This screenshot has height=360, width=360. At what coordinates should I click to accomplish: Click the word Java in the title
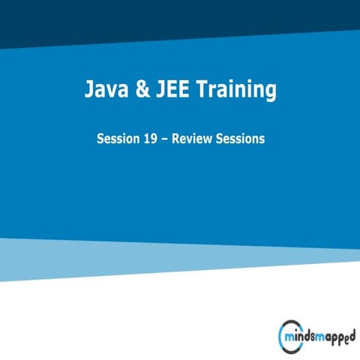coord(106,91)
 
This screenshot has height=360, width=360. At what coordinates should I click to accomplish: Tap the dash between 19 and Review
coord(167,139)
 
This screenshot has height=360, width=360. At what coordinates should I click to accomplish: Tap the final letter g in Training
coord(269,94)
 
